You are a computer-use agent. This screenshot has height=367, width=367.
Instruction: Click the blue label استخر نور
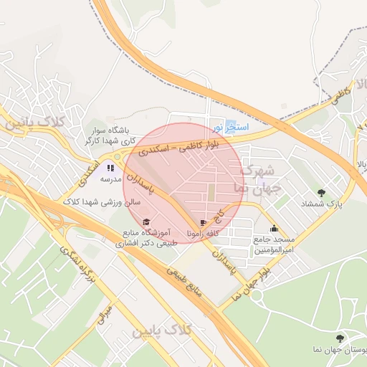tap(231, 127)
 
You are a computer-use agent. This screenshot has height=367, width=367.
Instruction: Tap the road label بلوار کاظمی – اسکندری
tap(189, 144)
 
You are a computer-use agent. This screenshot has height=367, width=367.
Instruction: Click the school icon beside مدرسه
tap(110, 167)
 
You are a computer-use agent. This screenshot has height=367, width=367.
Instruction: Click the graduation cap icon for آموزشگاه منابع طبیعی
tap(147, 221)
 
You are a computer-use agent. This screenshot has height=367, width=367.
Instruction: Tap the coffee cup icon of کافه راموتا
tap(204, 222)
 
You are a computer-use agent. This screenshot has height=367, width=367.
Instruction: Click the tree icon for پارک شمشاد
tap(320, 192)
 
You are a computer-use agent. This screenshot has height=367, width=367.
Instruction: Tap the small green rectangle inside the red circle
tap(211, 191)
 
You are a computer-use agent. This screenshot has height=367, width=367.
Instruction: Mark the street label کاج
tap(221, 212)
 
